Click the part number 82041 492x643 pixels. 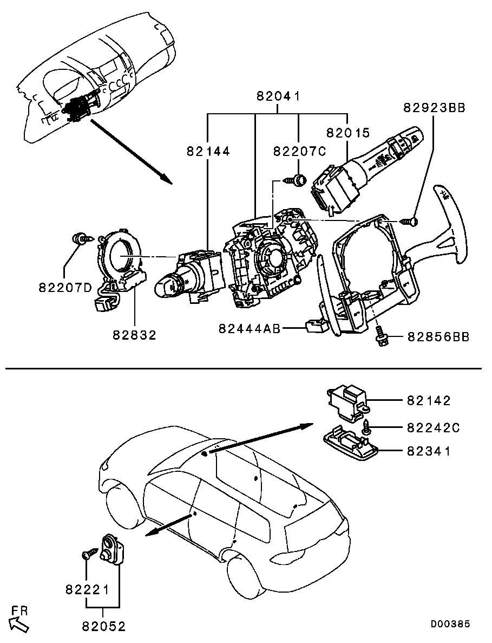coord(278,96)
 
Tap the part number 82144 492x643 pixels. coord(208,151)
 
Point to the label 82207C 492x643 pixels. coord(299,151)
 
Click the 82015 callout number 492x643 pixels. coord(348,133)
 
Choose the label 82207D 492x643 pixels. coord(65,288)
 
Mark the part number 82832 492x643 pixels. coord(135,335)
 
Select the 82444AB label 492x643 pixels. coord(250,328)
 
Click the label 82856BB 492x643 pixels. coord(438,337)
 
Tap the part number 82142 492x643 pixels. coord(429,400)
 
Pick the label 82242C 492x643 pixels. coord(434,428)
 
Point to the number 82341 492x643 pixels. coord(429,451)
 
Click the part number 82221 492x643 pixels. coord(87,590)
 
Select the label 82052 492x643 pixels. coord(103,626)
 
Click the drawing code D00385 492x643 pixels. coord(450,623)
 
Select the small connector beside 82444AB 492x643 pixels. coord(316,327)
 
